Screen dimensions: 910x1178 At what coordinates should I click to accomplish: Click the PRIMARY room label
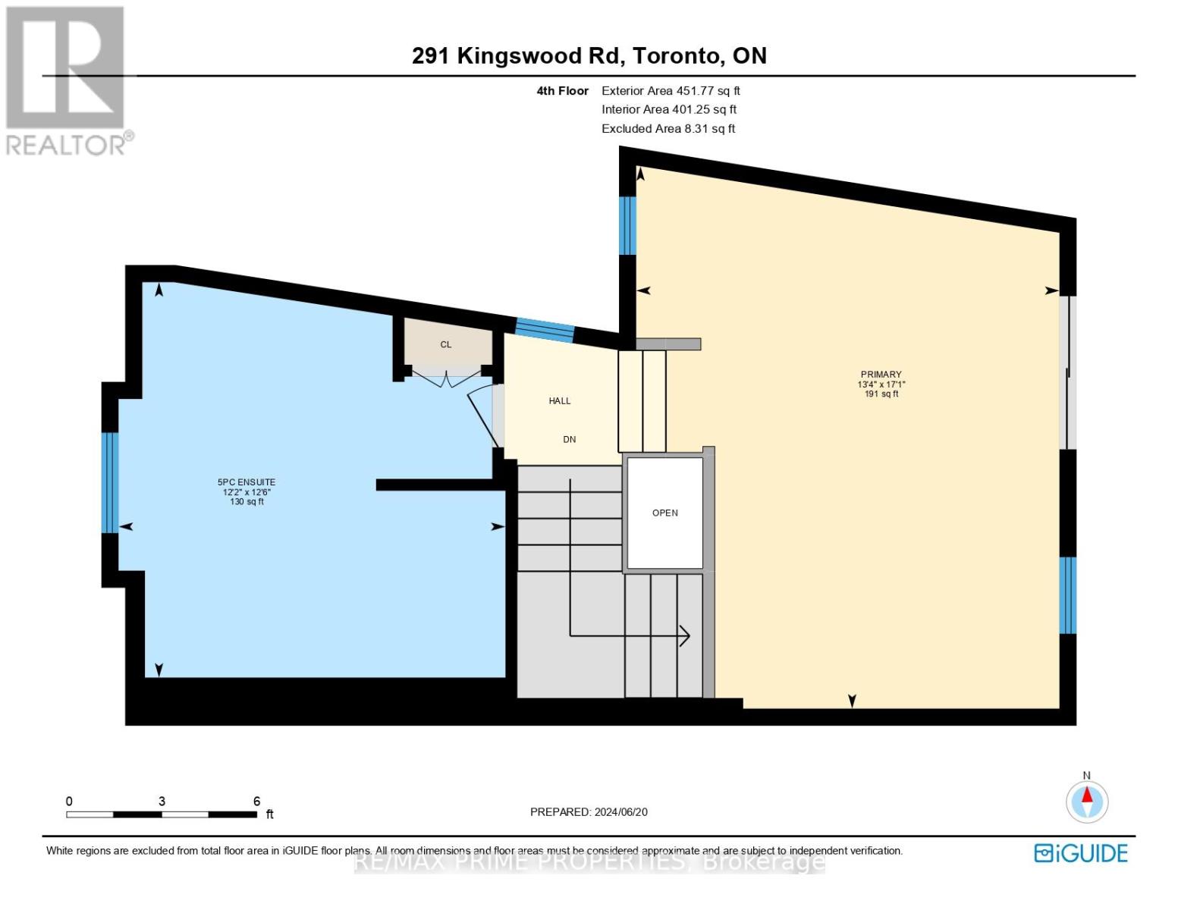pos(881,375)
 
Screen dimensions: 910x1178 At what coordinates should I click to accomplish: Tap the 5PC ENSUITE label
pos(247,482)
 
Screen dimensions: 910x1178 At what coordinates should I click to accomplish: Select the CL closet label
pos(446,344)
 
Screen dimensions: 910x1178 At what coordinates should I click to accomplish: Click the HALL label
pos(560,401)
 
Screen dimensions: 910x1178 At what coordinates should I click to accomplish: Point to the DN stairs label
pos(569,440)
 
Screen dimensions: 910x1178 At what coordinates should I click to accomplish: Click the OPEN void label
pos(664,513)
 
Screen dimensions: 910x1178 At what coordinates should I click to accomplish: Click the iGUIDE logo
pos(1081,853)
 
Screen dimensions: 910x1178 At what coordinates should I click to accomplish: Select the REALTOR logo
pos(67,80)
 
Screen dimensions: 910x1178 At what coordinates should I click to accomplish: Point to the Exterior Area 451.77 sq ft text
pos(671,91)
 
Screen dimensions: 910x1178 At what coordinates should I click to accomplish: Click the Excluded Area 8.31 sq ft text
pos(668,129)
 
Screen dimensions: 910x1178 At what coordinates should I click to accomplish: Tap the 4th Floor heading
pos(562,91)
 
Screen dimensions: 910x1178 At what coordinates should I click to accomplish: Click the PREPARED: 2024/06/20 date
pos(589,812)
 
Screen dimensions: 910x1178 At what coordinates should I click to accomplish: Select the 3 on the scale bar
pos(162,802)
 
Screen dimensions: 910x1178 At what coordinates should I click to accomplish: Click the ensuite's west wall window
pos(110,483)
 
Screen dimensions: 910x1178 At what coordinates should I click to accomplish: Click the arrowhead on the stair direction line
pos(685,636)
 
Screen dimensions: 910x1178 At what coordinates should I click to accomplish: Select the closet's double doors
pos(447,378)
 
